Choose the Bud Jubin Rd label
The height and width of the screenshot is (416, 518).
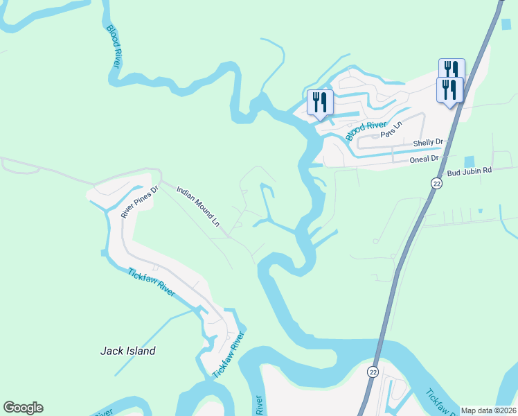point(469,171)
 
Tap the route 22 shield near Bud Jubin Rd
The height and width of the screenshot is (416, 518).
point(436,183)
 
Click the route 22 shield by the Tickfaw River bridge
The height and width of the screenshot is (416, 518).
point(373,372)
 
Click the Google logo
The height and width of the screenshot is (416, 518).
point(23,408)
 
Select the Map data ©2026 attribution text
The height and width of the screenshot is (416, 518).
point(488,410)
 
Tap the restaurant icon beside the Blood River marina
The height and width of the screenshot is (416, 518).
point(319,102)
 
